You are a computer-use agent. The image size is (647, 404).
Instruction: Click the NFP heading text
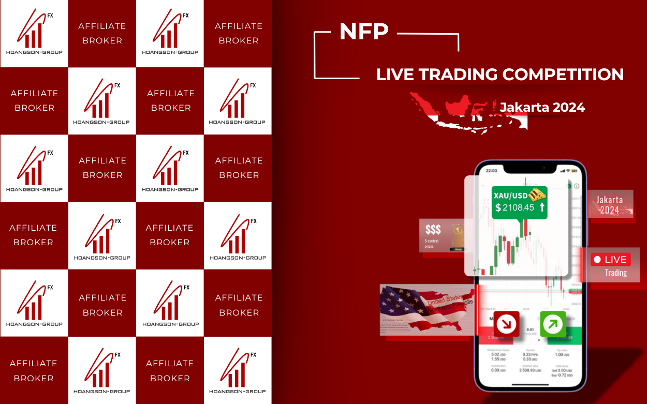(364, 32)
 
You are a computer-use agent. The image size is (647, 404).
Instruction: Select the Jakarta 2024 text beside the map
(542, 107)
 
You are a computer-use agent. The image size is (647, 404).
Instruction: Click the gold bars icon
(538, 194)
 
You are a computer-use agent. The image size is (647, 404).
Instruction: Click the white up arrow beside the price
(542, 207)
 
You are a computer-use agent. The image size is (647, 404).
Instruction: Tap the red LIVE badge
(610, 260)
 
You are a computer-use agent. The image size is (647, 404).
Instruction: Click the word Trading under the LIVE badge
(615, 273)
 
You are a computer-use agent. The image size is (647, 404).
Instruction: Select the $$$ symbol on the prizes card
(433, 230)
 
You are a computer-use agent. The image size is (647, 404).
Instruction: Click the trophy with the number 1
(457, 235)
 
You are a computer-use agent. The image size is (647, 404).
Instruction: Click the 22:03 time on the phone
(491, 170)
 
